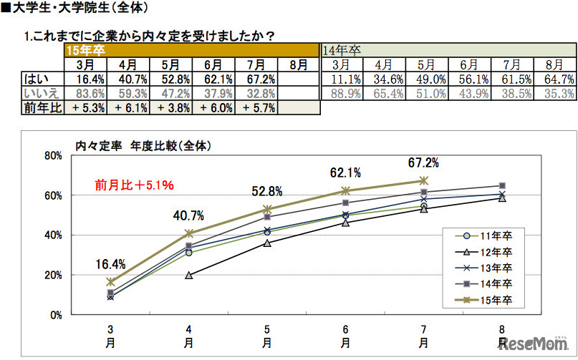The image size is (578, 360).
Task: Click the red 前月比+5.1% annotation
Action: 134,185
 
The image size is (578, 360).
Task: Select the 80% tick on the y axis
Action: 53,155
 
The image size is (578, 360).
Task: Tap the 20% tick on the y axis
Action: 53,275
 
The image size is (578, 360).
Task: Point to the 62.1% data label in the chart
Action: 345,172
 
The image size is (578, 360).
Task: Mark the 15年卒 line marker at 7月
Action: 423,180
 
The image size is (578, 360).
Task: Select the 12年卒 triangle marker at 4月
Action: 188,275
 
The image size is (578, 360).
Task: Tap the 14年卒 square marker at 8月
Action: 501,186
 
